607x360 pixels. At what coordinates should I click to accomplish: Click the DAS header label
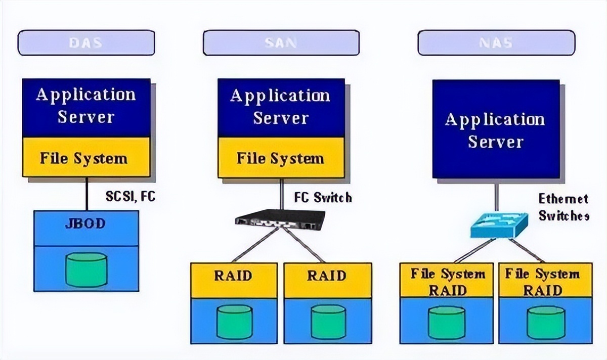click(86, 43)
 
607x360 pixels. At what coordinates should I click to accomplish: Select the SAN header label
click(281, 43)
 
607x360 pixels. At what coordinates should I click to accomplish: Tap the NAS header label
click(496, 43)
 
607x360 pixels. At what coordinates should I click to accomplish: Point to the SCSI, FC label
click(131, 196)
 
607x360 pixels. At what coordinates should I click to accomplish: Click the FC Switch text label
click(323, 197)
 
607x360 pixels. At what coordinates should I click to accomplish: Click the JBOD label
click(86, 223)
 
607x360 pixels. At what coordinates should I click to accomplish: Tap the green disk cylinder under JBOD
click(86, 269)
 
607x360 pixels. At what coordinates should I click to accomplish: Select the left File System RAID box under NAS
click(447, 281)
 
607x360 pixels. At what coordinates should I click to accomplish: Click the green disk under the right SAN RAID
click(328, 322)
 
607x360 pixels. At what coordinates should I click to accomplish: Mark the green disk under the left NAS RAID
click(447, 323)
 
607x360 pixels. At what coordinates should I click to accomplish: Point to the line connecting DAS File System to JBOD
click(86, 194)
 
